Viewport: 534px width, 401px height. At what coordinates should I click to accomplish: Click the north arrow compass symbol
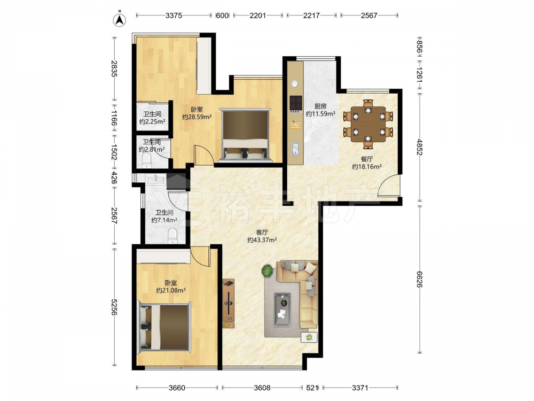click(120, 19)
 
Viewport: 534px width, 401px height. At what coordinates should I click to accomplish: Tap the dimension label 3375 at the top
click(174, 16)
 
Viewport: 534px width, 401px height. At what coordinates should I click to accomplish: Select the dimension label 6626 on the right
click(419, 280)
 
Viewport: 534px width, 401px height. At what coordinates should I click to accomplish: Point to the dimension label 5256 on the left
click(114, 307)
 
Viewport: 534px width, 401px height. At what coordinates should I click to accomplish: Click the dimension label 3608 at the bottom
click(262, 388)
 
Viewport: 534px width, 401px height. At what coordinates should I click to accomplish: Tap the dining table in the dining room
click(368, 124)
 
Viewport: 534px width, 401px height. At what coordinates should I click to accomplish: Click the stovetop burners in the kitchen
click(296, 103)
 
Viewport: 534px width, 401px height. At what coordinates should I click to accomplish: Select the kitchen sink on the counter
click(295, 149)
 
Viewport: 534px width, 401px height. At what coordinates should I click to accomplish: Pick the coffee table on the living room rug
click(282, 310)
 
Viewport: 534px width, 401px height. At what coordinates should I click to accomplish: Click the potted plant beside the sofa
click(268, 272)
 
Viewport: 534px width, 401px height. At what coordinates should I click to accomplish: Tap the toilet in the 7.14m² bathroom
click(172, 236)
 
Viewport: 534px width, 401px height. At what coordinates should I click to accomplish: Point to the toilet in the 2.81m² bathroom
click(146, 160)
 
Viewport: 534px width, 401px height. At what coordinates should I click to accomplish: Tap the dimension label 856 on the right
click(419, 47)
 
